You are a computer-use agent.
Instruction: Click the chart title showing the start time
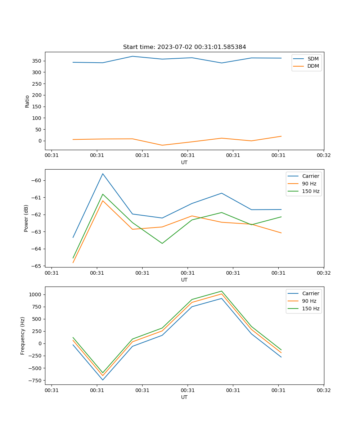pos(184,47)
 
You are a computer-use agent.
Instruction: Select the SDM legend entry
pos(313,59)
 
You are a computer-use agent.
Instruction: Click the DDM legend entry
pos(313,66)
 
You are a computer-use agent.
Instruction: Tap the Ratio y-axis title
pos(27,101)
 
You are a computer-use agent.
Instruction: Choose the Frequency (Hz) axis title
pos(23,336)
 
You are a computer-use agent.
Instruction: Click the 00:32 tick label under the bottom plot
pos(324,390)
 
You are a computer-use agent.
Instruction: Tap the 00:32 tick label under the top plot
pos(324,155)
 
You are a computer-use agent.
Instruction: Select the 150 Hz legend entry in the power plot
pos(310,191)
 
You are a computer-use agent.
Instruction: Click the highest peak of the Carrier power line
pos(103,174)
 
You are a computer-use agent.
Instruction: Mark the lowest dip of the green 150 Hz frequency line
pos(103,373)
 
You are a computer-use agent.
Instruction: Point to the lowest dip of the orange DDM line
pos(162,145)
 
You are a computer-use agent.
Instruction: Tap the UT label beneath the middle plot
pos(184,280)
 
